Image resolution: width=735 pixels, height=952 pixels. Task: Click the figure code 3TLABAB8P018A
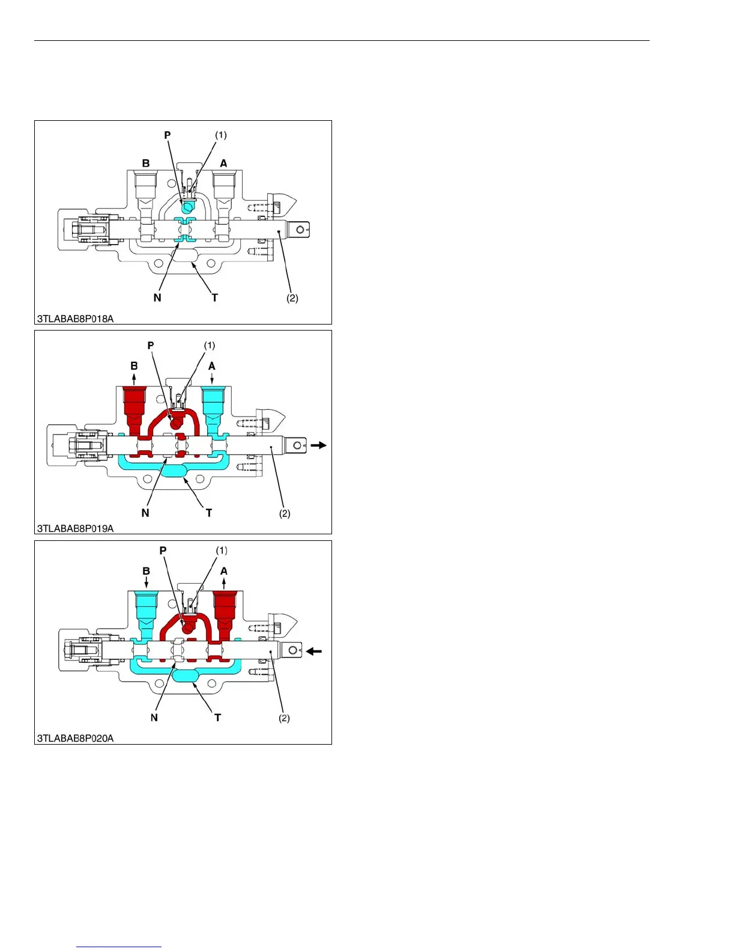click(75, 319)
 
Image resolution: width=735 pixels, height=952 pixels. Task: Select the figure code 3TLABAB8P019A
click(75, 528)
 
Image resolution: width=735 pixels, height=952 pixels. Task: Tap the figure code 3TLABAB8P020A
click(75, 738)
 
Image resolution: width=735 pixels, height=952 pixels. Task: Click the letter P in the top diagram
click(168, 135)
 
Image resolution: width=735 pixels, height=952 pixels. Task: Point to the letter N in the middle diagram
click(145, 513)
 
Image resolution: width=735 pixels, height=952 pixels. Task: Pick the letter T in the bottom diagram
click(217, 717)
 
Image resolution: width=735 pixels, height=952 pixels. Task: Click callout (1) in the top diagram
click(221, 135)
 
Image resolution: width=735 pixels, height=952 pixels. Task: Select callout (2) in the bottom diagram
click(285, 718)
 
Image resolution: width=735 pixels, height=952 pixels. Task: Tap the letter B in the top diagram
click(146, 163)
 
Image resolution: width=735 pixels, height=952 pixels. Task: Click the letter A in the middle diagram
click(211, 366)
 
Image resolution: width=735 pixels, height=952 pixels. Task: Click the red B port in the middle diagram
click(134, 403)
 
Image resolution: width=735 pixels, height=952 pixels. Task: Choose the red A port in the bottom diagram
click(225, 607)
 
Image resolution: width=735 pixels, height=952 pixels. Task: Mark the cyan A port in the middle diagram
click(212, 403)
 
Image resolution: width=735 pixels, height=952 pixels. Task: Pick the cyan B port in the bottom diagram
click(146, 607)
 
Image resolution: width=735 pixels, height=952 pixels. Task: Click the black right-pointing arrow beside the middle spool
click(318, 445)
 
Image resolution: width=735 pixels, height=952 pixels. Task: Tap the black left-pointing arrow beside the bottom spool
click(314, 651)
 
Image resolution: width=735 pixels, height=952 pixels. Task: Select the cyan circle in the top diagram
click(187, 207)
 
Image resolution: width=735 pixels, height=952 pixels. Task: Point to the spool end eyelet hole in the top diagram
click(300, 230)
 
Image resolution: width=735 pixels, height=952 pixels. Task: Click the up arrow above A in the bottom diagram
click(224, 582)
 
